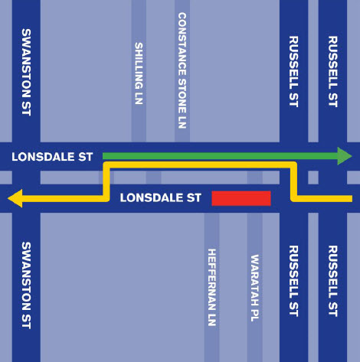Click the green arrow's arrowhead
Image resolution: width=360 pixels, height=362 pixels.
(x=345, y=156)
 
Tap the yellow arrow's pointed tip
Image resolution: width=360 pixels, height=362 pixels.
(x=8, y=198)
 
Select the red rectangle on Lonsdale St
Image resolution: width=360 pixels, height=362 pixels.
(x=241, y=198)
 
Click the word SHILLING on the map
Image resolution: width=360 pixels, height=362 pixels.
(x=139, y=65)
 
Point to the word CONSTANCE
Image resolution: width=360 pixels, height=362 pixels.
(x=182, y=44)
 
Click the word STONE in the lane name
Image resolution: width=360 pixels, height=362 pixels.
(x=182, y=96)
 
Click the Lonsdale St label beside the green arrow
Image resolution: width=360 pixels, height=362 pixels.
(x=52, y=157)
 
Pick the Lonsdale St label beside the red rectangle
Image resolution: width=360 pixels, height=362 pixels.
(x=161, y=197)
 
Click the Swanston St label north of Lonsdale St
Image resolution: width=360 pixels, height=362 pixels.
(x=26, y=72)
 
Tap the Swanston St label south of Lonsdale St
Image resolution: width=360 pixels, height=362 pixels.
(x=26, y=285)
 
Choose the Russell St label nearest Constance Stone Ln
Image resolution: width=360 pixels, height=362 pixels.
(x=293, y=71)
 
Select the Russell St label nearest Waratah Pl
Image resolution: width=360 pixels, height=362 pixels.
(x=293, y=281)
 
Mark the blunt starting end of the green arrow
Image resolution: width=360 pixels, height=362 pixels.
(x=103, y=156)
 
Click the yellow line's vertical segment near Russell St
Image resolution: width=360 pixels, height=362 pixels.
(x=293, y=181)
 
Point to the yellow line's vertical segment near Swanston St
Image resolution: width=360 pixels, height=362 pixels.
(x=106, y=181)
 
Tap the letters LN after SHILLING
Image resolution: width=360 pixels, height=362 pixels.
(x=139, y=98)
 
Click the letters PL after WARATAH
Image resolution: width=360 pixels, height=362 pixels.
(x=255, y=315)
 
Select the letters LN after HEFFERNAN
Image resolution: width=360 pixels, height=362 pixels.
(x=212, y=319)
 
